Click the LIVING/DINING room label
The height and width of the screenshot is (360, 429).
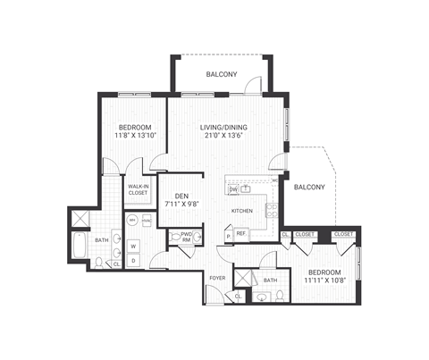tap(223, 127)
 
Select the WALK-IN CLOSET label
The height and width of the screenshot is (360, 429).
tap(138, 189)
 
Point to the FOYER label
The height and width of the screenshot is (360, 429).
tap(217, 278)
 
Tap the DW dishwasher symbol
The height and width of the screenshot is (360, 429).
tap(233, 189)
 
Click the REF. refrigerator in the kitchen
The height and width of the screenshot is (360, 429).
tap(240, 234)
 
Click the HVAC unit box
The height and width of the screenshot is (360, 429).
tap(147, 219)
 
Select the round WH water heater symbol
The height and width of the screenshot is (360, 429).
tap(131, 219)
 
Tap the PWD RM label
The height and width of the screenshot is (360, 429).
tap(187, 237)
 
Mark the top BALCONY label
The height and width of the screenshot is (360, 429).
tap(221, 74)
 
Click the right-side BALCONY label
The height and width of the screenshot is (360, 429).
tap(309, 187)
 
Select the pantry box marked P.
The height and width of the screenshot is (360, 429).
tap(228, 236)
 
